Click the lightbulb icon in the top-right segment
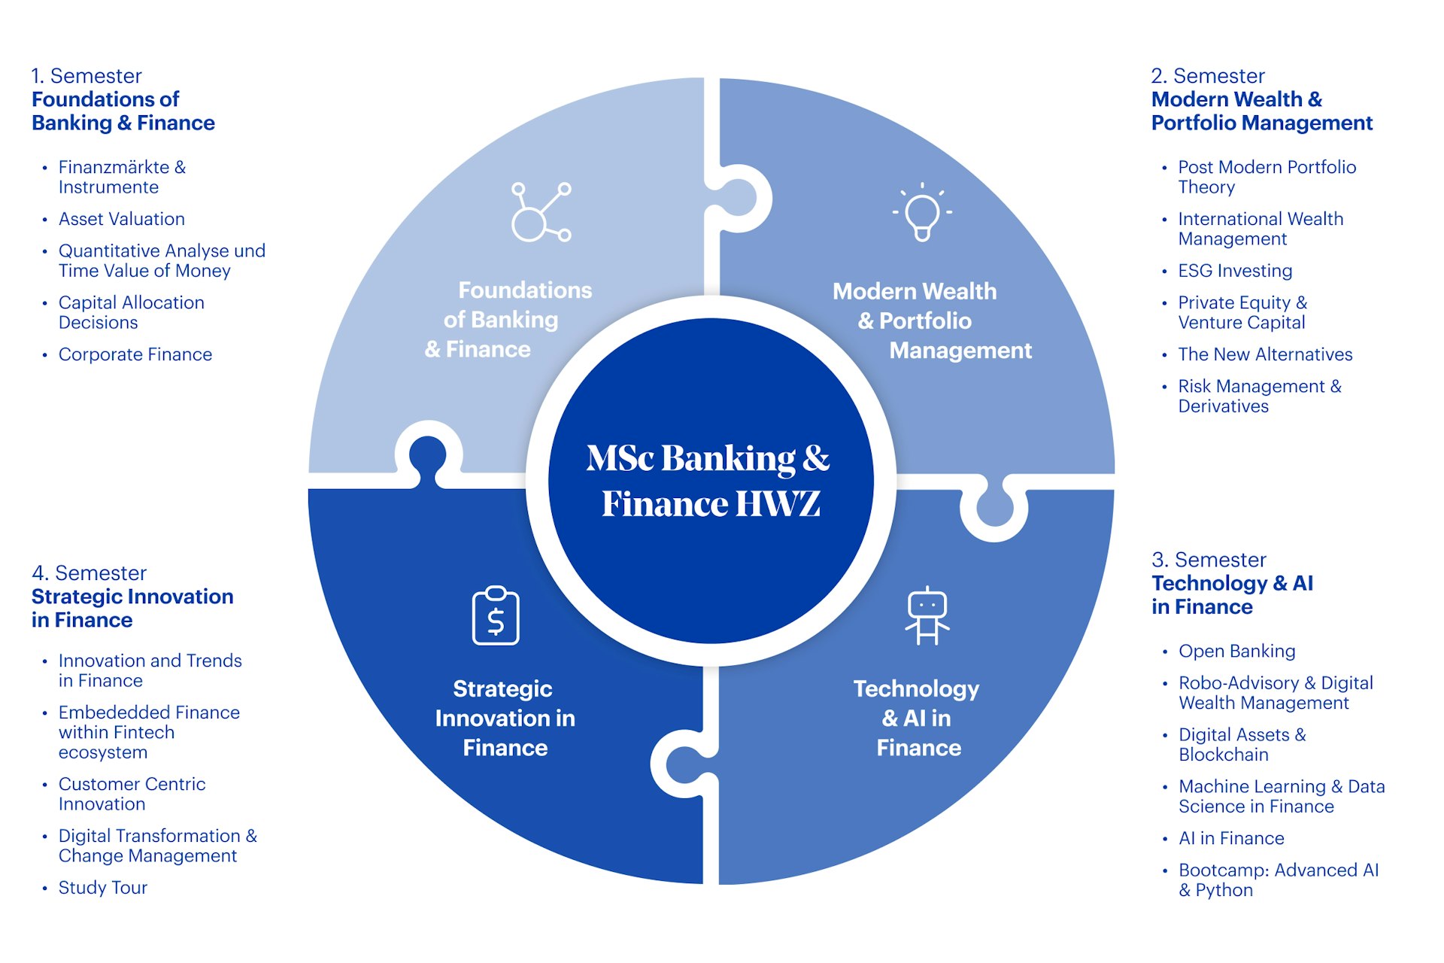[x=922, y=213]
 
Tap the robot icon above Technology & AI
[x=927, y=616]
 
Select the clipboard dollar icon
[x=496, y=616]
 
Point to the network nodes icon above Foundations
[x=540, y=212]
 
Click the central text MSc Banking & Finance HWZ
[x=710, y=481]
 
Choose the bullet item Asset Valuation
[x=121, y=219]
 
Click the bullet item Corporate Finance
[x=135, y=354]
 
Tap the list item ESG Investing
[x=1234, y=271]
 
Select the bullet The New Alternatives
[x=1264, y=354]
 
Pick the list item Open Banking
[x=1236, y=651]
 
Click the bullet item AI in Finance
[x=1230, y=838]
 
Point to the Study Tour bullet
[x=102, y=888]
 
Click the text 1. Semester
[x=86, y=76]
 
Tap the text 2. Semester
[x=1207, y=76]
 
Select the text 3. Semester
[x=1208, y=560]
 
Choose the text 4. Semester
[x=89, y=573]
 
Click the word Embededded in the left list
[x=106, y=712]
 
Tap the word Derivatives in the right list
[x=1223, y=406]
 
